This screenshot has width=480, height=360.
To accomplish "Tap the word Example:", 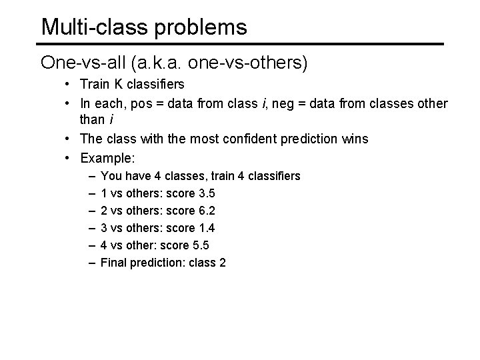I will [x=107, y=158].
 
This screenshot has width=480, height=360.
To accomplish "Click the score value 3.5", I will [x=207, y=193].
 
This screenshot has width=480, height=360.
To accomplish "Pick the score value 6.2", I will [x=207, y=211].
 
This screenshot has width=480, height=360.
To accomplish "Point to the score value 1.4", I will [x=207, y=228].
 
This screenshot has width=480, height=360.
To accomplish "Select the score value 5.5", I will [x=201, y=245].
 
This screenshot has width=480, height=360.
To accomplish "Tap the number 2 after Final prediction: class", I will [x=222, y=263].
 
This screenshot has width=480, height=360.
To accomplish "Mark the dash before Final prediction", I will [x=90, y=263].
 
